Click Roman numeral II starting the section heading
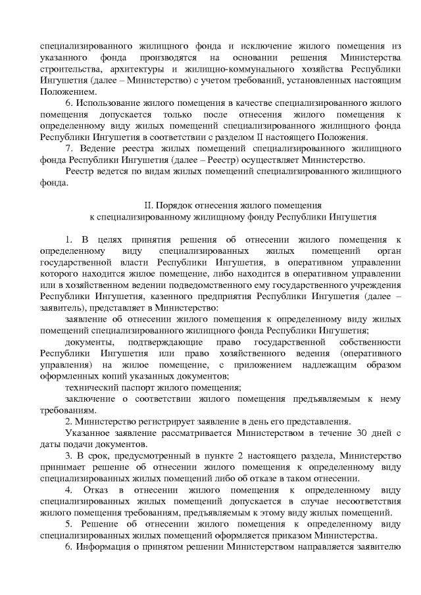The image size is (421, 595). click(x=147, y=204)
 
